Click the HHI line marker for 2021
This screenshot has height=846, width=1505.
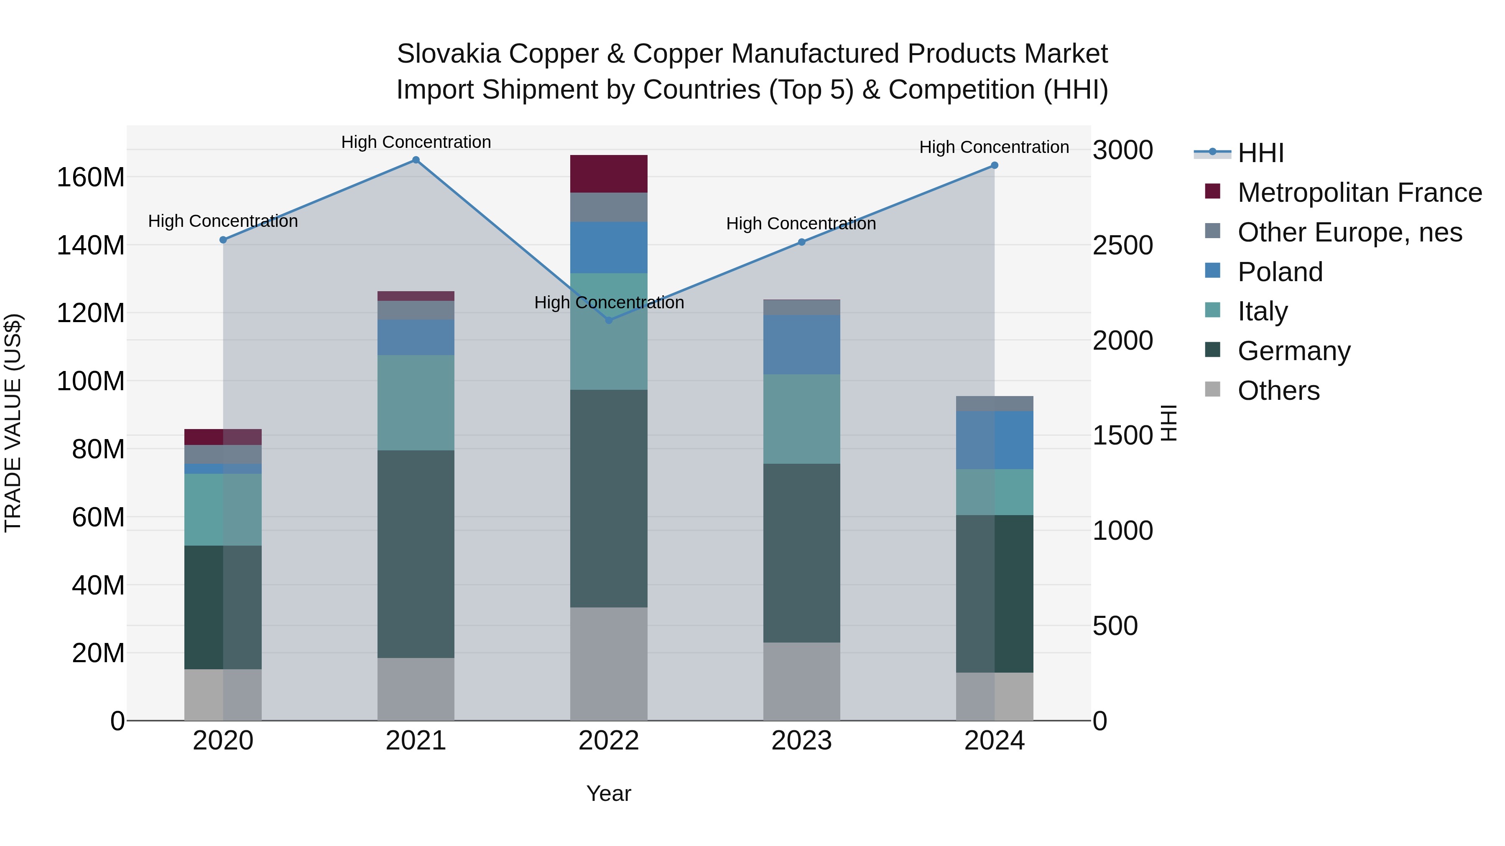[x=416, y=160]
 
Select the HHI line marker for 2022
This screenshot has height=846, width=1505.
[x=609, y=320]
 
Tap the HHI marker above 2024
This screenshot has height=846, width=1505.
[x=995, y=165]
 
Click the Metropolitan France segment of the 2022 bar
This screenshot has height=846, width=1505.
[x=609, y=173]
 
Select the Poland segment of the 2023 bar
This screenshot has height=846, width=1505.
[x=801, y=345]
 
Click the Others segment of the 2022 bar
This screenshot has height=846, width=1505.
[x=609, y=663]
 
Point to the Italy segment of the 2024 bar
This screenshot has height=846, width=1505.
[x=995, y=492]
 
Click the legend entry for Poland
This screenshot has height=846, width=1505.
[x=1280, y=272]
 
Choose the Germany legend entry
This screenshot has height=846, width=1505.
[x=1293, y=351]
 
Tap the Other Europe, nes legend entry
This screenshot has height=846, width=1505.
[x=1349, y=232]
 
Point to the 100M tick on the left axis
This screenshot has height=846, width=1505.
[x=91, y=381]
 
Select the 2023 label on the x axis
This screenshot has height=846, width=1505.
[x=801, y=740]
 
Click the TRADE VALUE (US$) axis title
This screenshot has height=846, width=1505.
[x=13, y=423]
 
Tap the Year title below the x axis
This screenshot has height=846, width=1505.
[x=608, y=793]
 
